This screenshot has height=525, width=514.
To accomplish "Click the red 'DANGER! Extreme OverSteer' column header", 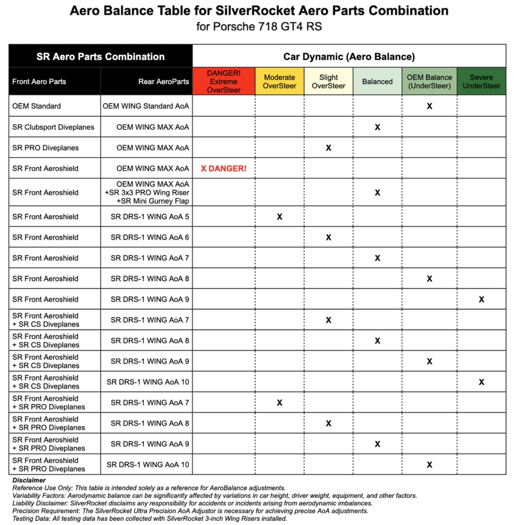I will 224,81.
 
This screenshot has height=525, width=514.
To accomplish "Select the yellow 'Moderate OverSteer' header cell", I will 280,81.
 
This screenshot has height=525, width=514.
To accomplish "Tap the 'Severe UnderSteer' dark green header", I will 481,81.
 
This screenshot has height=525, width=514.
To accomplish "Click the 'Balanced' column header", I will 377,82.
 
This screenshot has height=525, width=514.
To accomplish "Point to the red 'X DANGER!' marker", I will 224,169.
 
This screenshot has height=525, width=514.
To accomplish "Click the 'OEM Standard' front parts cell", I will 37,106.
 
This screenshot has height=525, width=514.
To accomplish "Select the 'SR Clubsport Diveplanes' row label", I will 53,127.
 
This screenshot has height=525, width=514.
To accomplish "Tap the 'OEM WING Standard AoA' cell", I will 146,106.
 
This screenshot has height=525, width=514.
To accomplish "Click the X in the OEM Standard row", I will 429,106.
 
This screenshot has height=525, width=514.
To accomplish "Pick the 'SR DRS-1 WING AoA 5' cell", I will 150,217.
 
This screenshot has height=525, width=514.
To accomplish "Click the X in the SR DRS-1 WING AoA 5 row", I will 280,217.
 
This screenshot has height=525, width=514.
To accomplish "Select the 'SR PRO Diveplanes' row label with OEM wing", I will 45,148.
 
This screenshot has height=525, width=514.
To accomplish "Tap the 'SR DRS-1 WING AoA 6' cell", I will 150,238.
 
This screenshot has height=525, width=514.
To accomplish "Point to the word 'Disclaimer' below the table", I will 29,480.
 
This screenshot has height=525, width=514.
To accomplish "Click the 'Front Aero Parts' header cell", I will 39,82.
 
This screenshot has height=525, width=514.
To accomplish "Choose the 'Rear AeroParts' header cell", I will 163,82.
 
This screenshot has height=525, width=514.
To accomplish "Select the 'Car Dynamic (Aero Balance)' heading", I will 349,57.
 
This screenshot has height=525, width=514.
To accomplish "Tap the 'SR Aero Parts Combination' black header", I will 101,57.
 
